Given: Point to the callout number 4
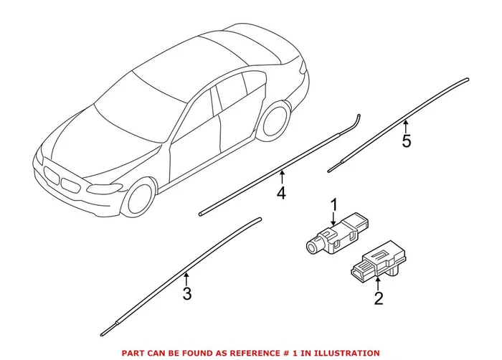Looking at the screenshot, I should tap(282, 192).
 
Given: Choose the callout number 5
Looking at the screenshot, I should tap(407, 141).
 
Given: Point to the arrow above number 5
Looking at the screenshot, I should tap(407, 125).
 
